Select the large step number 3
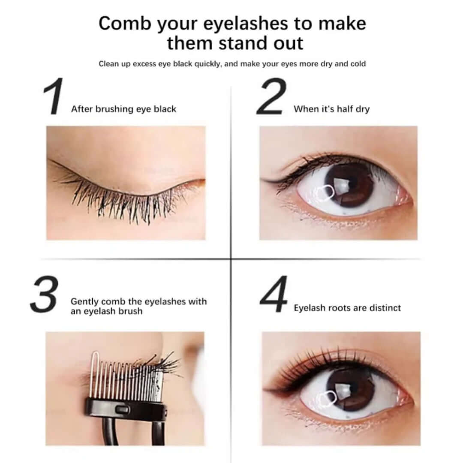44,294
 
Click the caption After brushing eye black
123,109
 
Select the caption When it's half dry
331,109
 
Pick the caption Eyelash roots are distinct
347,308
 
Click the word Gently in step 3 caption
84,301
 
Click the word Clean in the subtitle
109,64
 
